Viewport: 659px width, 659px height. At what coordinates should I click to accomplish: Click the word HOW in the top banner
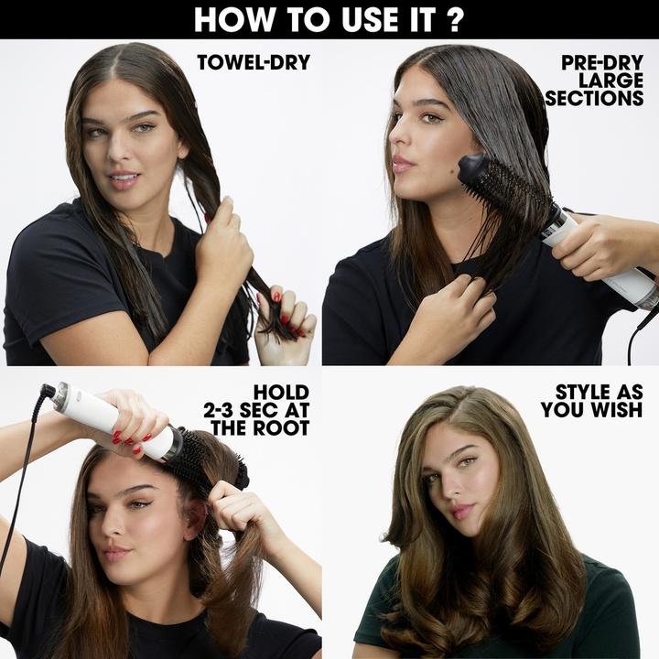230,18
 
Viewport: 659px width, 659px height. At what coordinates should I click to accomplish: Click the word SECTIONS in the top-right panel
595,99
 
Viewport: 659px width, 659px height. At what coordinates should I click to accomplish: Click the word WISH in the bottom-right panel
617,411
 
